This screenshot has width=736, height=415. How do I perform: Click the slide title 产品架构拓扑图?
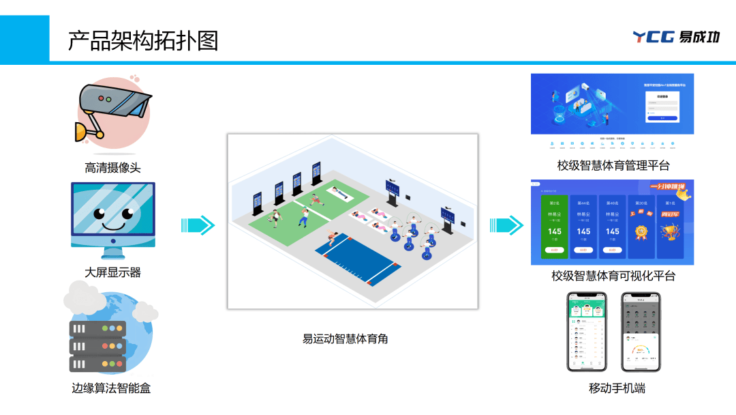tap(143, 40)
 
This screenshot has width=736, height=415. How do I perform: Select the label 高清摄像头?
tap(112, 167)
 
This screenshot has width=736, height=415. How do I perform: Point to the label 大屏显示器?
tap(112, 272)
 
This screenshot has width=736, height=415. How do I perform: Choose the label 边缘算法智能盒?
tap(112, 388)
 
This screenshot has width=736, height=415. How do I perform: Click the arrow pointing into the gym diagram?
tap(198, 225)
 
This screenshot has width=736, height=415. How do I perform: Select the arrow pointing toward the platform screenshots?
tap(506, 225)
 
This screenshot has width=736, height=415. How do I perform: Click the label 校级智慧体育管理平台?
tap(613, 165)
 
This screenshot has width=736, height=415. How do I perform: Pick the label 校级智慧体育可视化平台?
tap(613, 276)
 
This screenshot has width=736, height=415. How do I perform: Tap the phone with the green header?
tap(586, 332)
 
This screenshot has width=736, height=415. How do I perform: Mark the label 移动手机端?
tap(617, 388)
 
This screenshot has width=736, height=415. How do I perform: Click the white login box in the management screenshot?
tap(662, 106)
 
